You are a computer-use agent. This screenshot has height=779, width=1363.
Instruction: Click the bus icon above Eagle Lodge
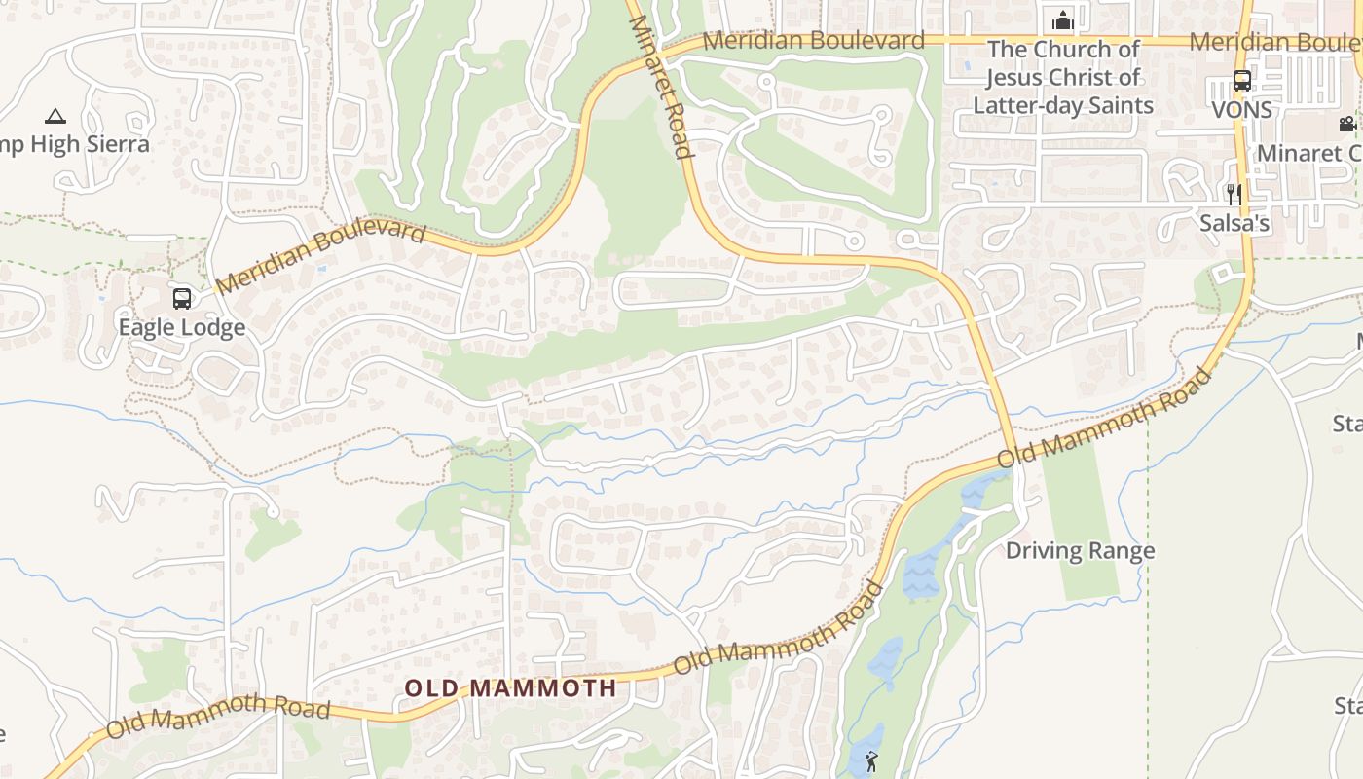pos(182,298)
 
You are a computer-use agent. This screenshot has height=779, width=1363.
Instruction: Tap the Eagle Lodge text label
pos(182,327)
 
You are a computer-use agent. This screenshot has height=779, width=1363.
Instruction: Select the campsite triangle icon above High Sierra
pos(55,116)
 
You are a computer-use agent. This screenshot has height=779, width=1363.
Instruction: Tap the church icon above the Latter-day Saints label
pos(1062,19)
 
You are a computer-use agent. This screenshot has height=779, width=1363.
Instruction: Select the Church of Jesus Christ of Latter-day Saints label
pos(1063,77)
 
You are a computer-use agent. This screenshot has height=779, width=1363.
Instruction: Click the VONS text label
pos(1241,110)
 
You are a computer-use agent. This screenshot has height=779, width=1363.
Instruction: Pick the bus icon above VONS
pos(1241,81)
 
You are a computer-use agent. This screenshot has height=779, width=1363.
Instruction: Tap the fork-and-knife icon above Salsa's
pos(1234,194)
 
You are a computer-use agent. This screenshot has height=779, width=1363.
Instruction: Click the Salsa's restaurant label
pos(1234,223)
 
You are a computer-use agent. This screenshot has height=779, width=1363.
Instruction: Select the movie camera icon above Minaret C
pos(1347,124)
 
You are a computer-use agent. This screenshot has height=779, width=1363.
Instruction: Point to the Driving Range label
pos(1080,550)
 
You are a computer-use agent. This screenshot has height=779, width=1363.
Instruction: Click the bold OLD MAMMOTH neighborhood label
pos(510,687)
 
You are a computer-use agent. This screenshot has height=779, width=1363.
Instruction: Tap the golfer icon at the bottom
pos(871,761)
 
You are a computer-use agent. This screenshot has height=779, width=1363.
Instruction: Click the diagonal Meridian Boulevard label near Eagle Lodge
pos(321,258)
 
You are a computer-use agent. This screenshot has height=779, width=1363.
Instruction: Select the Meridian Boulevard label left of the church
pos(813,40)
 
